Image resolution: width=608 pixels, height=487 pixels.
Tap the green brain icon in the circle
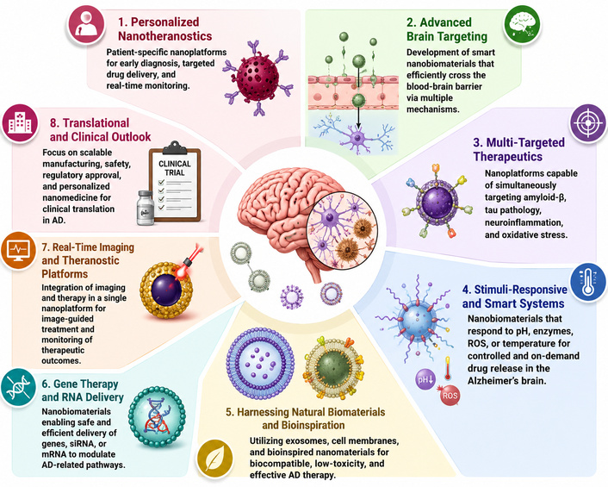(523, 23)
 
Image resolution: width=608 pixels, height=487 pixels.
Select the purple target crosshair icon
(588, 122)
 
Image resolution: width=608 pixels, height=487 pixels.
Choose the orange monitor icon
(19, 250)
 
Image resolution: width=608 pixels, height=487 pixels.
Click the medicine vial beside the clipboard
(146, 208)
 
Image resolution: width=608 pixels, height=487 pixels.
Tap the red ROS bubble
(449, 395)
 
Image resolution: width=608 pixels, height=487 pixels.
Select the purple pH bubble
(425, 378)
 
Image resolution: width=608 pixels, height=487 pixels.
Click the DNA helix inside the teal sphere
(157, 416)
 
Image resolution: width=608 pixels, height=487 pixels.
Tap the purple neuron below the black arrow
(356, 137)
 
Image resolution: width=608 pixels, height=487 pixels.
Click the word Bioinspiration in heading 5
(303, 425)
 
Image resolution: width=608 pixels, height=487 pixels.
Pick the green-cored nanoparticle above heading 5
(334, 366)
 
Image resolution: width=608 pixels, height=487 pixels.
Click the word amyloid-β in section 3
(545, 197)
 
